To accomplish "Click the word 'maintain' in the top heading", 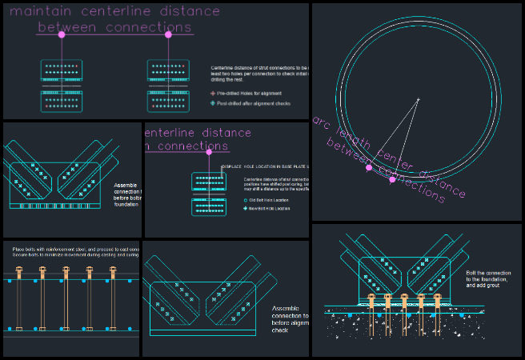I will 38,11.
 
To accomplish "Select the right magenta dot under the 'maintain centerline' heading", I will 168,34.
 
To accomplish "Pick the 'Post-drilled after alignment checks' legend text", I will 254,103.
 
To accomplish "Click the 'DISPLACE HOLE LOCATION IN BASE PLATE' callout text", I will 265,167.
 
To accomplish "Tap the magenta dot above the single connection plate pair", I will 209,151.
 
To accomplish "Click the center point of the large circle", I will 417,99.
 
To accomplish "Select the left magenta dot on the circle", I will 369,167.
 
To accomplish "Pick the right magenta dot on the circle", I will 391,179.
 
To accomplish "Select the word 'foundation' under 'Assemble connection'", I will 128,204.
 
